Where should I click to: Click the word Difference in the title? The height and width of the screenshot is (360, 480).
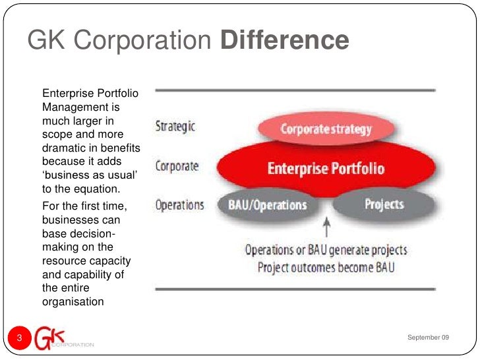[x=284, y=40]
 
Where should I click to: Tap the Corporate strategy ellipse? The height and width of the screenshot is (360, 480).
[x=326, y=129]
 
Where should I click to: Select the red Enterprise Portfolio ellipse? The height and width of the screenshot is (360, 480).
[x=326, y=168]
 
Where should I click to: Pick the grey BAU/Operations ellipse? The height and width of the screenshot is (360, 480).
[x=267, y=204]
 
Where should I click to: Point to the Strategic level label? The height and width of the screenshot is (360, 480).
[x=175, y=126]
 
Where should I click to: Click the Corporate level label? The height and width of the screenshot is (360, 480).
[x=177, y=165]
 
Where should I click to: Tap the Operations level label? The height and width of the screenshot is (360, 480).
[x=179, y=204]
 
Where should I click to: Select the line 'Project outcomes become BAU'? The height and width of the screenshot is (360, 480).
[x=326, y=268]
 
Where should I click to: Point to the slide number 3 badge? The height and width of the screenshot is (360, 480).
[x=19, y=338]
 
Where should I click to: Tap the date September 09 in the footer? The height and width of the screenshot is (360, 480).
[x=428, y=338]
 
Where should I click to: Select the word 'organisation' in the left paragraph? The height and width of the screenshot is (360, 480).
[x=73, y=302]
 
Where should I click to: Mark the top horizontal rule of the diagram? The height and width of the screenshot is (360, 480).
[x=294, y=90]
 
